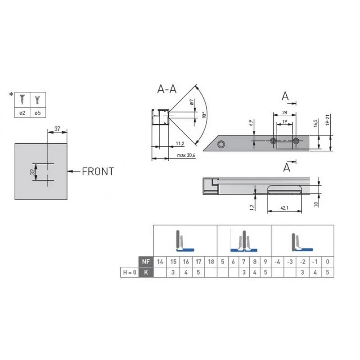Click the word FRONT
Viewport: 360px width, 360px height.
(98, 171)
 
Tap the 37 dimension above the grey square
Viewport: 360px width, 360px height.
(57, 129)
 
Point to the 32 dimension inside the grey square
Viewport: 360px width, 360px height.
(33, 172)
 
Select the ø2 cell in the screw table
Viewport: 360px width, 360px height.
(22, 113)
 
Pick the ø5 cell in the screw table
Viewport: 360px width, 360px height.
(38, 113)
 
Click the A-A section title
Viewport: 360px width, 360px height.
(167, 89)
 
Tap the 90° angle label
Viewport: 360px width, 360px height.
(204, 115)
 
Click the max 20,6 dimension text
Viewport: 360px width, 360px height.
(186, 155)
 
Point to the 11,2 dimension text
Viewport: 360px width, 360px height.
(180, 144)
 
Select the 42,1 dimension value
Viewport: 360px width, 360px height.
(284, 208)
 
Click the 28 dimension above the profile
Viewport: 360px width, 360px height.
(284, 112)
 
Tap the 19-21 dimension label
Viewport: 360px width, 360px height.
(328, 120)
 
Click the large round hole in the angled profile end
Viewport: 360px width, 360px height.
(221, 144)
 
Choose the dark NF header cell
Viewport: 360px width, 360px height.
(146, 262)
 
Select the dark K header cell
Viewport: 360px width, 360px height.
(146, 272)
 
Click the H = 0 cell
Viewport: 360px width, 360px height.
(130, 272)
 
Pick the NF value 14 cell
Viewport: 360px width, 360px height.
(160, 262)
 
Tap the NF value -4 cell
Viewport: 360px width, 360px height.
(278, 262)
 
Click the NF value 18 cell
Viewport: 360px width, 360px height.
(211, 262)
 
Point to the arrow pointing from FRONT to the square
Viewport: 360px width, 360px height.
(74, 171)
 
